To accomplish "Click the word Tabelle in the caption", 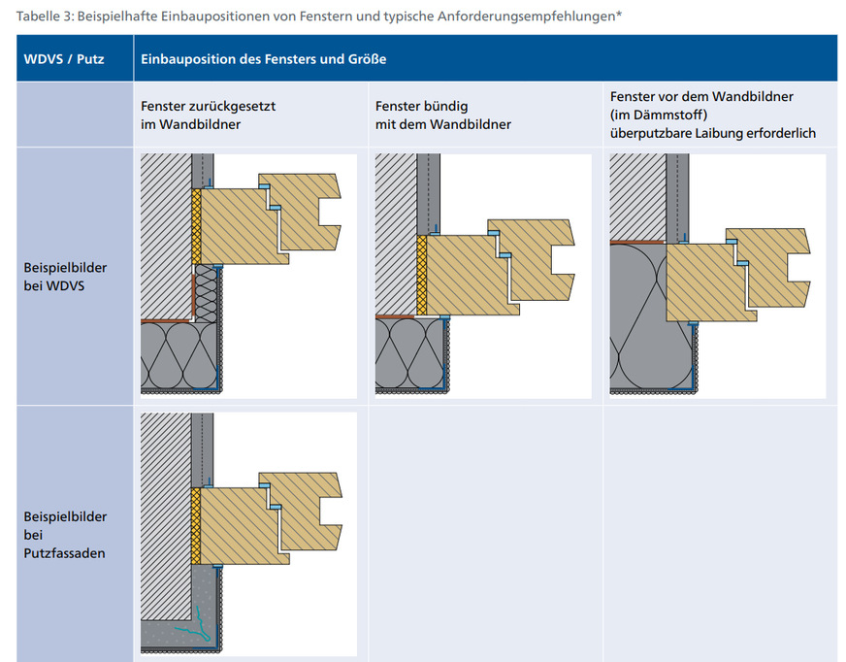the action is point(39,17).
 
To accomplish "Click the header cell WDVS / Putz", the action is point(64,59).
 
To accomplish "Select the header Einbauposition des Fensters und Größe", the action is point(263,59).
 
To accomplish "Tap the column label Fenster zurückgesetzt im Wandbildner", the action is point(209,115).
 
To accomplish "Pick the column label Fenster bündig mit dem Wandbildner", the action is point(443,115).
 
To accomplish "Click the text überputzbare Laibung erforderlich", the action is point(713,133).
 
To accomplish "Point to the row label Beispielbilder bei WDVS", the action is point(65,277).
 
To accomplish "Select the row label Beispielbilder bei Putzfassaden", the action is point(65,535).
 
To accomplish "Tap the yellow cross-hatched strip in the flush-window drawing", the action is point(421,276).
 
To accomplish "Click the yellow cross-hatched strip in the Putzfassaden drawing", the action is point(195,526).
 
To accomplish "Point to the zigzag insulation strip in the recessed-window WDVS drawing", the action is point(206,294).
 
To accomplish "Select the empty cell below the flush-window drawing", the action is point(485,534).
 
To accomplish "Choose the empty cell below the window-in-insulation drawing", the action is point(720,534).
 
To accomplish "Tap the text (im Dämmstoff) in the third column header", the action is point(659,115).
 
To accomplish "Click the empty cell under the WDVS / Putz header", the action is point(75,115).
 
